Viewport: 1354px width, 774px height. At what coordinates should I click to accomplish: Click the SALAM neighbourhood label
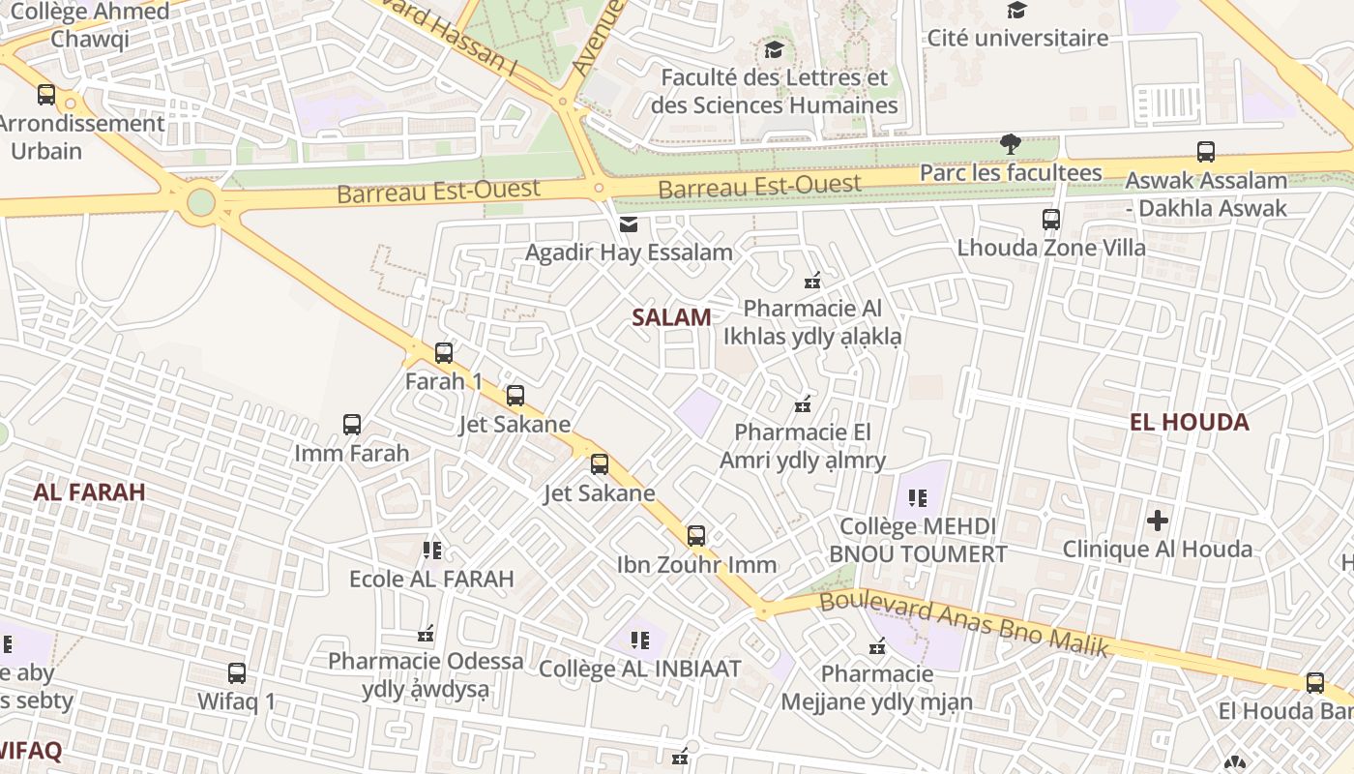coord(671,317)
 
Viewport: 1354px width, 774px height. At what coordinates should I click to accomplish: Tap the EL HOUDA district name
coord(1189,422)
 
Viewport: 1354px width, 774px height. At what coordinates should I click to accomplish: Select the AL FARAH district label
coord(89,491)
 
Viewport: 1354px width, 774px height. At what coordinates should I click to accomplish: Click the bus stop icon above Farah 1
coord(444,353)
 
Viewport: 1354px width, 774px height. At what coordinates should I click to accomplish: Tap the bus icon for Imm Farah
coord(352,425)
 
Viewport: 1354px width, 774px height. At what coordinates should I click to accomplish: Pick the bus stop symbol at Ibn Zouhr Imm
coord(696,536)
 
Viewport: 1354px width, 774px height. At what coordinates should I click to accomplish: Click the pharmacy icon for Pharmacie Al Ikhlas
coord(812,282)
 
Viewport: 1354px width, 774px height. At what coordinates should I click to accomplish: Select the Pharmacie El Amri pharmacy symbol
coord(802,403)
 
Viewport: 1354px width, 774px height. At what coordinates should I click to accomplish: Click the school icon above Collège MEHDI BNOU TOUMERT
coord(918,498)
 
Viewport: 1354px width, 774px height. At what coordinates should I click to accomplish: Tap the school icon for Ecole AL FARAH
coord(431,551)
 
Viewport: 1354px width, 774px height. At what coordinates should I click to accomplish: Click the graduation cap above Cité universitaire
coord(1016,11)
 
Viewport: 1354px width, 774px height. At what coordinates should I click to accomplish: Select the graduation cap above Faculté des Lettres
coord(774,49)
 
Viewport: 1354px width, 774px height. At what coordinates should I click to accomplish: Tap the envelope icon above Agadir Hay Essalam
coord(629,224)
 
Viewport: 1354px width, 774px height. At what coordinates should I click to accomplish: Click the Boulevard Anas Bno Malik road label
coord(963,624)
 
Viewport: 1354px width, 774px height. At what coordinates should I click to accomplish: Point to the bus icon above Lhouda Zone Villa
coord(1051,220)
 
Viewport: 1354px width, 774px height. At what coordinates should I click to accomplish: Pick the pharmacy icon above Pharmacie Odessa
coord(426,634)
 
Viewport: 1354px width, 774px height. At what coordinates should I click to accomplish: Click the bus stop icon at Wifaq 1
coord(237,673)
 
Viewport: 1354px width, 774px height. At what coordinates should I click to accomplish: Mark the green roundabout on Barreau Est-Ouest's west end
coord(200,202)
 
